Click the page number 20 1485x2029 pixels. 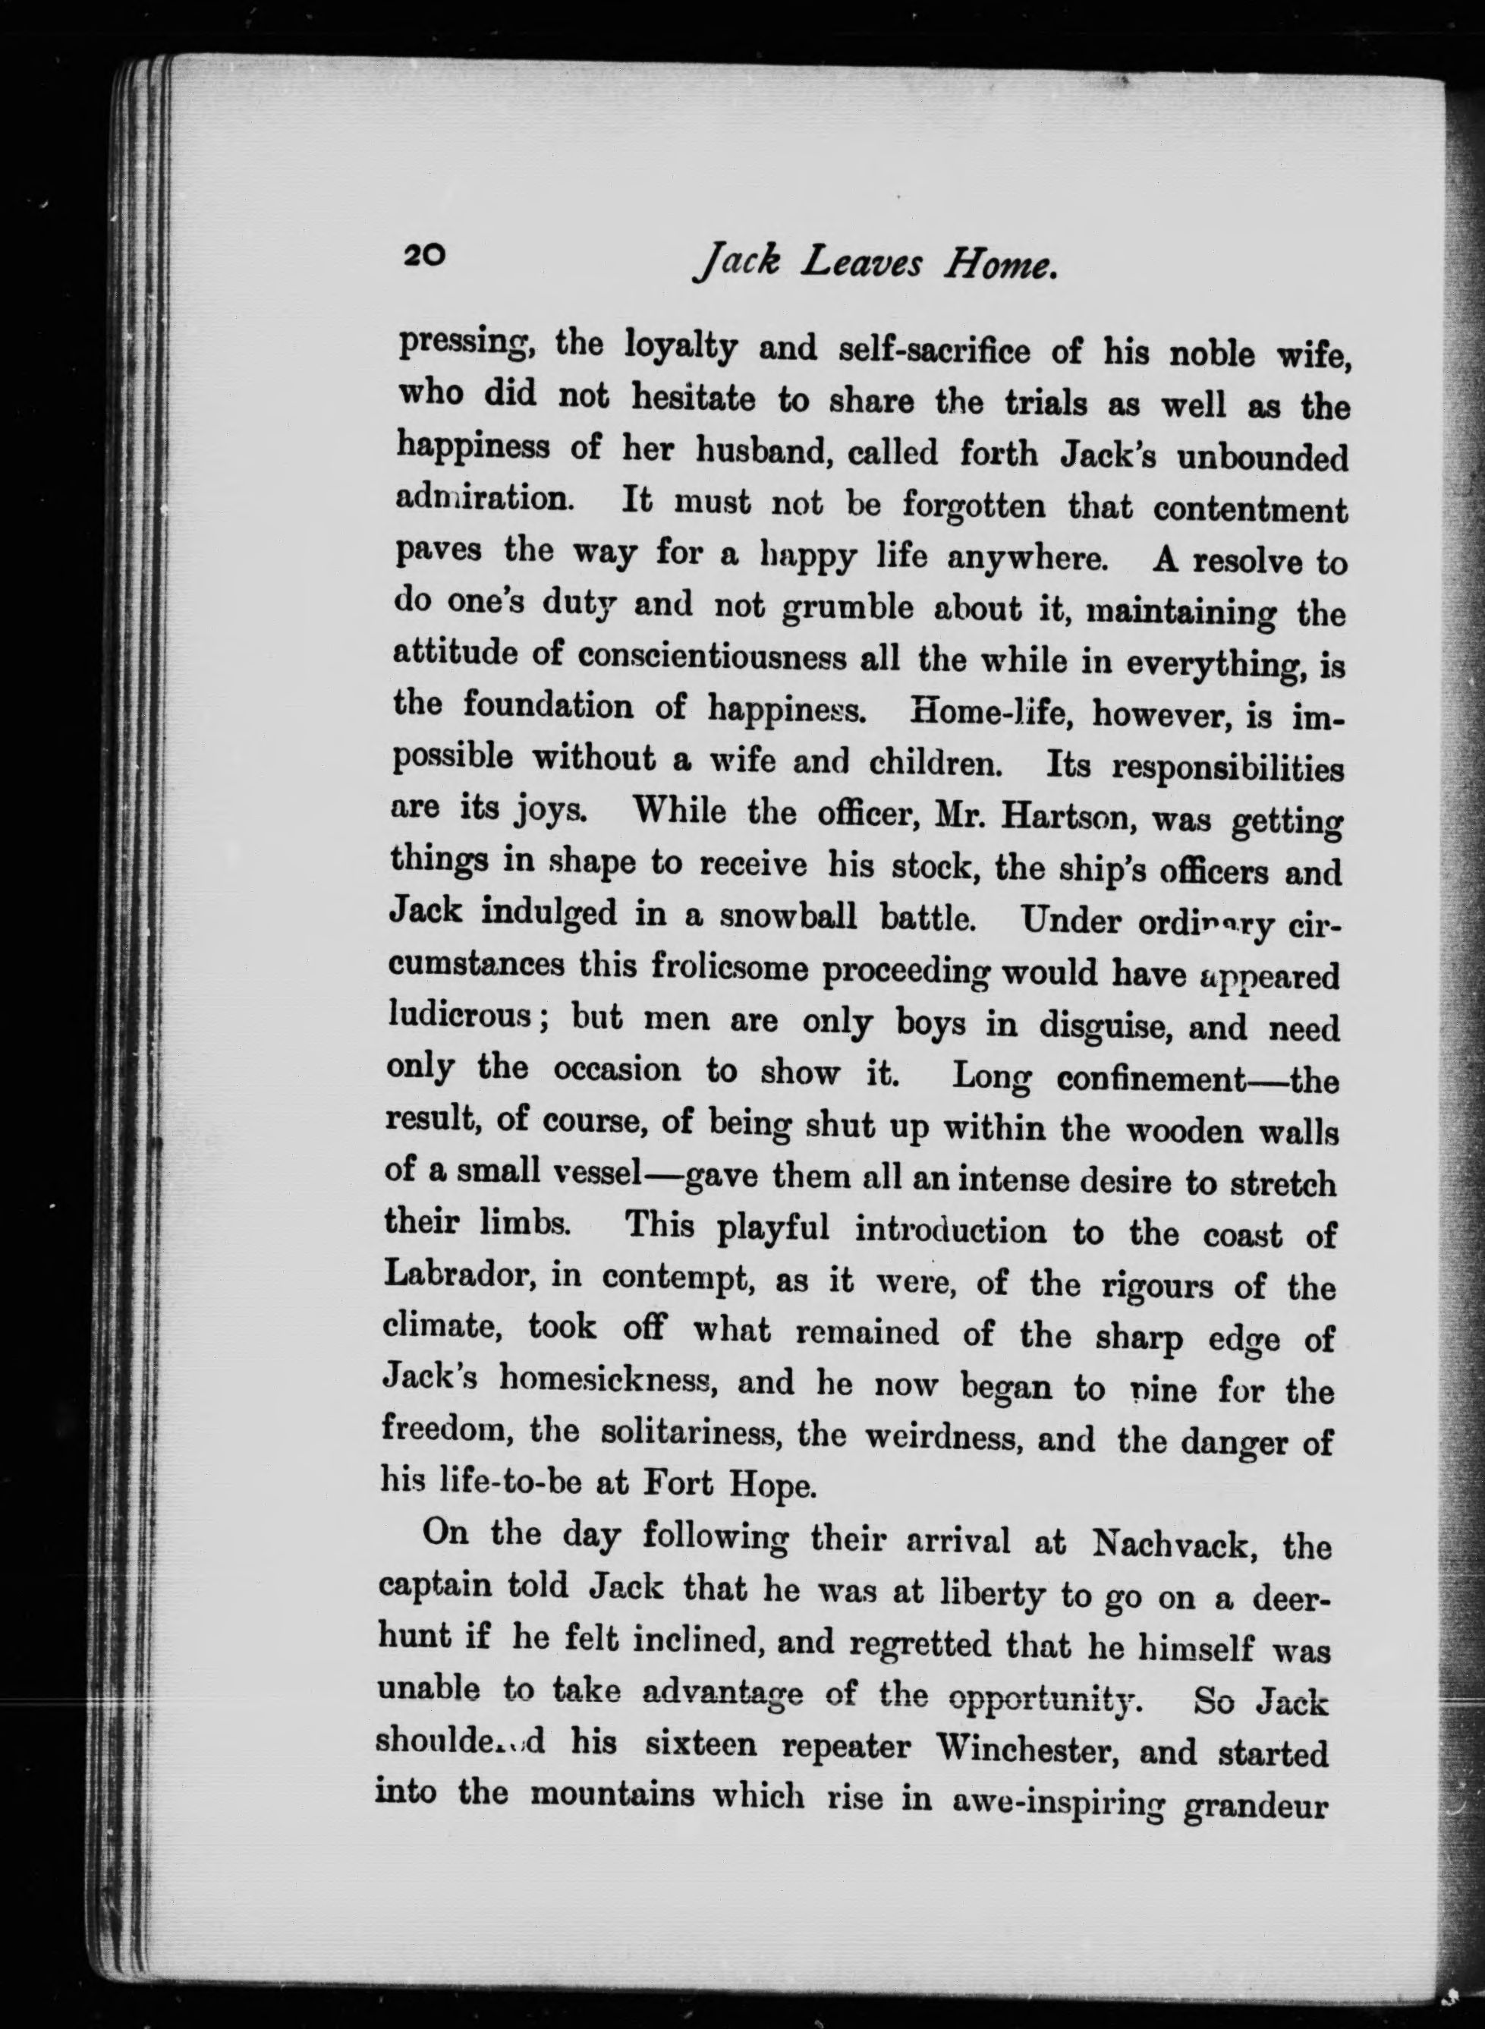pyautogui.click(x=423, y=255)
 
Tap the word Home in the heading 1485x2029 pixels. pyautogui.click(x=999, y=263)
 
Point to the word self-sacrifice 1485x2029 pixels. pyautogui.click(x=934, y=351)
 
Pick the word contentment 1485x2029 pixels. pyautogui.click(x=1251, y=510)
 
